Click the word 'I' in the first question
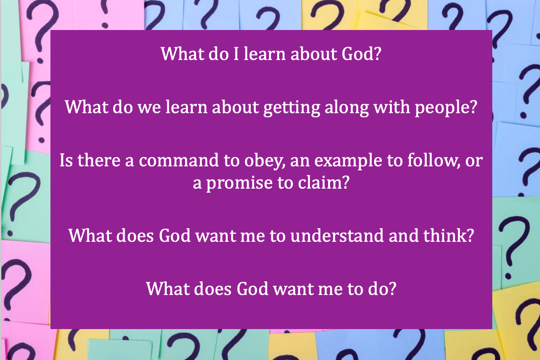236,54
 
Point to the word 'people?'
445,108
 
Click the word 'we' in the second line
149,107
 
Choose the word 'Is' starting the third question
66,160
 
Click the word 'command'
179,160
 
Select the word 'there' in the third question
99,160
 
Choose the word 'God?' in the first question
361,54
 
